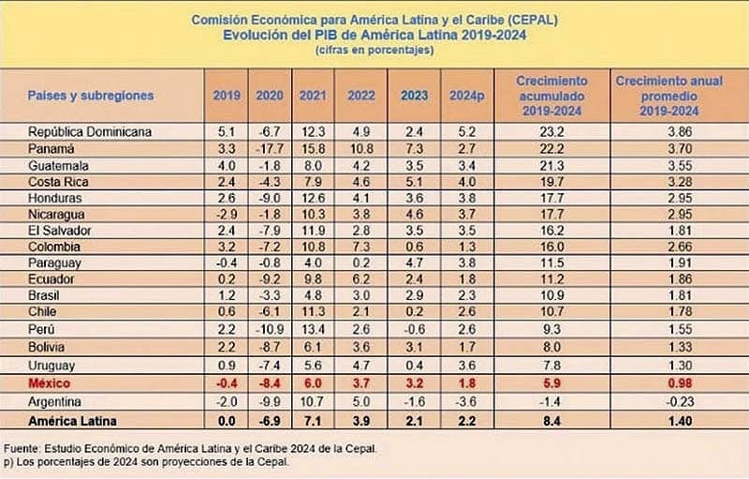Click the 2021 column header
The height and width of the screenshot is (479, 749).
pos(313,96)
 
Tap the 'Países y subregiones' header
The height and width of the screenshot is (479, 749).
pos(91,96)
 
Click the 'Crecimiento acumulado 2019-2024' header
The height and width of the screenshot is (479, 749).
pos(552,96)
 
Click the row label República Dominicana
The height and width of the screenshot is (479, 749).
pos(90,131)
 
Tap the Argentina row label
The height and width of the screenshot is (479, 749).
pos(55,402)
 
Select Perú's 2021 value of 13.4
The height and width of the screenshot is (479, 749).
pos(313,330)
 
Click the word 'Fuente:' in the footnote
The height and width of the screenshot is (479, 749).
pos(25,448)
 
